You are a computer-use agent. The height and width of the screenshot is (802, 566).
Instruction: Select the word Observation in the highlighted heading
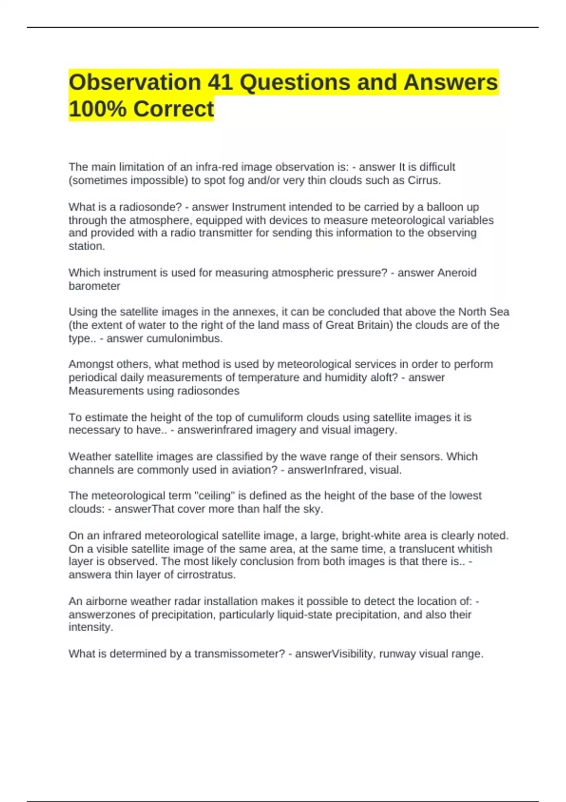coord(135,83)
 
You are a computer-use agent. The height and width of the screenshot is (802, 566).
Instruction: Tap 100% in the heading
coord(98,109)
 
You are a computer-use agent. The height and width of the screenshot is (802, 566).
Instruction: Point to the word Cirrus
coord(424,181)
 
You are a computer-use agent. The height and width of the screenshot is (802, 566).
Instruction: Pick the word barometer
coord(94,286)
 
